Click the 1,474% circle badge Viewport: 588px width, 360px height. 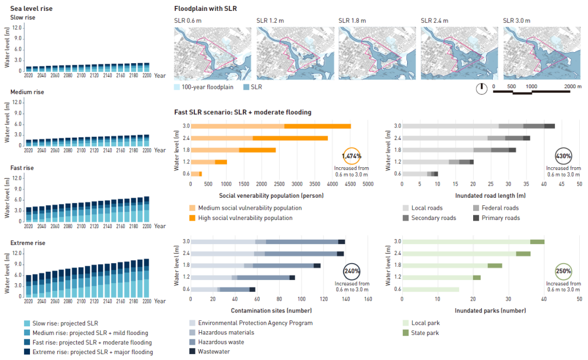coord(351,156)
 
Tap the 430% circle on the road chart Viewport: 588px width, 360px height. coord(563,156)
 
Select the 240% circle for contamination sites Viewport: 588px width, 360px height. coord(351,271)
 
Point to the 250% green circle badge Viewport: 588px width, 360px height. coord(563,271)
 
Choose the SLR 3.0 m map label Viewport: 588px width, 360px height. coord(517,21)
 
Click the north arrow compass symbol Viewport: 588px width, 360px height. coord(481,89)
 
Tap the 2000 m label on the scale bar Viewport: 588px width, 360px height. coord(573,86)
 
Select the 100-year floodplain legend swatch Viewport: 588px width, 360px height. coord(177,87)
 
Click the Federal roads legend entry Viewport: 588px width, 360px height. coord(496,208)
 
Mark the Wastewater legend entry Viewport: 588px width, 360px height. coord(213,352)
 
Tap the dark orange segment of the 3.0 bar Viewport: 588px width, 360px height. coord(317,126)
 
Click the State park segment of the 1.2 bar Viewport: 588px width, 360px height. coord(477,277)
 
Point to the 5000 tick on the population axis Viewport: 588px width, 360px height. coord(367,184)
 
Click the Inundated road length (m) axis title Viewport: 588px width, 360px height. coord(491,195)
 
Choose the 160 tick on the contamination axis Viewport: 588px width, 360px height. coord(367,300)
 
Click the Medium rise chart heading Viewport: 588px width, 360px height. coord(27,92)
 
